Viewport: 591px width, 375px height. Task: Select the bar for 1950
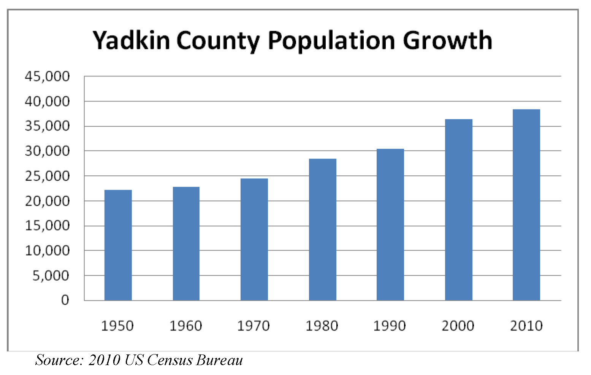point(118,245)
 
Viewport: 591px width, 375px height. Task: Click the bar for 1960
point(186,244)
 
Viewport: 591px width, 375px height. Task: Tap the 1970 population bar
point(254,240)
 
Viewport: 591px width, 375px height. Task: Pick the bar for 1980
point(322,230)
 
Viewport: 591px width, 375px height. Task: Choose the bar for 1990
point(390,225)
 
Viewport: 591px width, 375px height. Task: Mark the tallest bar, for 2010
point(526,205)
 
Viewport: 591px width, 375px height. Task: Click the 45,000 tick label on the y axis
point(47,76)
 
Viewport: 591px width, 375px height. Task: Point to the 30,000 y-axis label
point(47,151)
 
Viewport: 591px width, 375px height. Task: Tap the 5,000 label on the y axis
point(51,275)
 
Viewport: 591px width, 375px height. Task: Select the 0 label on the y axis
point(65,300)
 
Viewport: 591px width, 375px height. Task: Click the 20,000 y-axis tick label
point(47,201)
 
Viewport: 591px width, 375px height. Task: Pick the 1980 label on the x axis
point(322,326)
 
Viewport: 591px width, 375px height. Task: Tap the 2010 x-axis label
point(526,326)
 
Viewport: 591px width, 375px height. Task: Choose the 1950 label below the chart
point(117,326)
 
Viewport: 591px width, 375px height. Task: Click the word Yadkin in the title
point(131,40)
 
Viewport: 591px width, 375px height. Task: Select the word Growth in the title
point(447,40)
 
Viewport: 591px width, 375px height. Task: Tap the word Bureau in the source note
point(219,360)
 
